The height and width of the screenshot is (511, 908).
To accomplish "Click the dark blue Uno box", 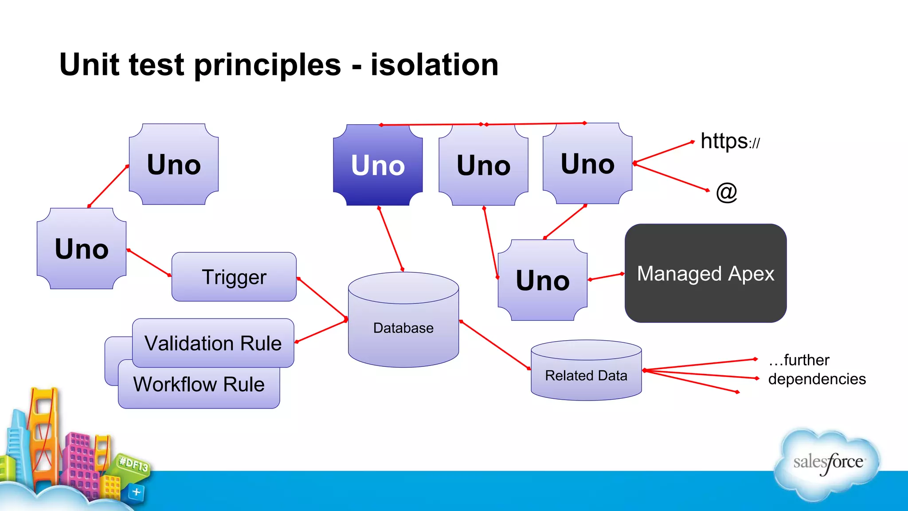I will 378,165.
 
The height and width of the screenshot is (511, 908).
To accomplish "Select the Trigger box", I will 234,277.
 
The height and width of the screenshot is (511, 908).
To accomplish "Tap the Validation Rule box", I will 213,343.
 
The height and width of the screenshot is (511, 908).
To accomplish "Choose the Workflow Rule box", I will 199,385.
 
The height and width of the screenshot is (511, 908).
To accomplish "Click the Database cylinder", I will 403,328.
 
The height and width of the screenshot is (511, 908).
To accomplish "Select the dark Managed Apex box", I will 705,273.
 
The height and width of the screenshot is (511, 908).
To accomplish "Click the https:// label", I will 730,142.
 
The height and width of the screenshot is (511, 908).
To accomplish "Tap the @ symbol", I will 726,192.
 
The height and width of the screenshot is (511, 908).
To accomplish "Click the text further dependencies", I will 816,369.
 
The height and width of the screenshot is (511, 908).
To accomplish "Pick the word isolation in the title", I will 434,65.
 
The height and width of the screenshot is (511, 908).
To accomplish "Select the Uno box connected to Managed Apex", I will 542,280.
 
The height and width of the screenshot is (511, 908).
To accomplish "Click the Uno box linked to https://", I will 587,164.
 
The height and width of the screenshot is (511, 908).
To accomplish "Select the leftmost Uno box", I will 82,249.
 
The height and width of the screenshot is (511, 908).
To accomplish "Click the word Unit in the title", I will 89,65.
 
